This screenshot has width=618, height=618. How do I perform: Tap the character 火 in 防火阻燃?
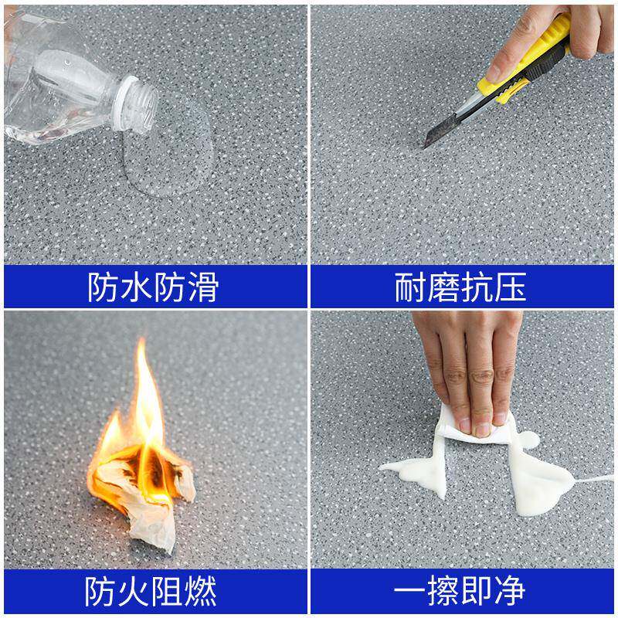pyautogui.click(x=135, y=591)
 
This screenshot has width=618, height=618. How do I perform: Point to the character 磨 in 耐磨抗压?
pyautogui.click(x=444, y=287)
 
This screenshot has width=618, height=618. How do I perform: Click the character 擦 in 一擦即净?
pyautogui.click(x=443, y=591)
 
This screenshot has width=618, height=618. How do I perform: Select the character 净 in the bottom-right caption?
pyautogui.click(x=511, y=591)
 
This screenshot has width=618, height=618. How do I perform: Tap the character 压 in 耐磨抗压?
pyautogui.click(x=511, y=287)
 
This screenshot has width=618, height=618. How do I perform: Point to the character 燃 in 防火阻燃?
pyautogui.click(x=202, y=591)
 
